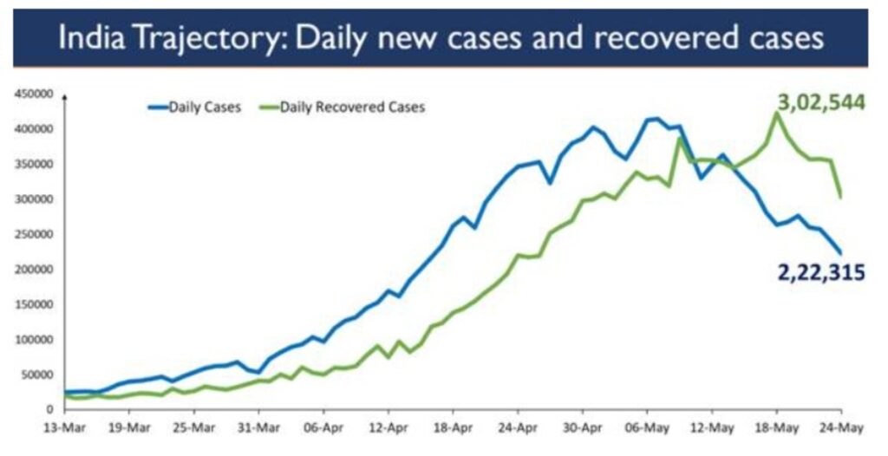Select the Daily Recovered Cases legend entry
point(352,107)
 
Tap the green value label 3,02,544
point(820,103)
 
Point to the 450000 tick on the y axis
point(34,94)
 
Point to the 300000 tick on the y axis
point(34,199)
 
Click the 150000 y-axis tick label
point(34,304)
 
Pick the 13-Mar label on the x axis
point(64,427)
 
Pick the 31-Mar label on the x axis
point(258,427)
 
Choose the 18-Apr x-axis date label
point(453,427)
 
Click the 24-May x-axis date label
point(839,427)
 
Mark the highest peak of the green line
point(776,114)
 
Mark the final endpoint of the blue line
point(839,252)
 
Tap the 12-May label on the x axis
point(711,427)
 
